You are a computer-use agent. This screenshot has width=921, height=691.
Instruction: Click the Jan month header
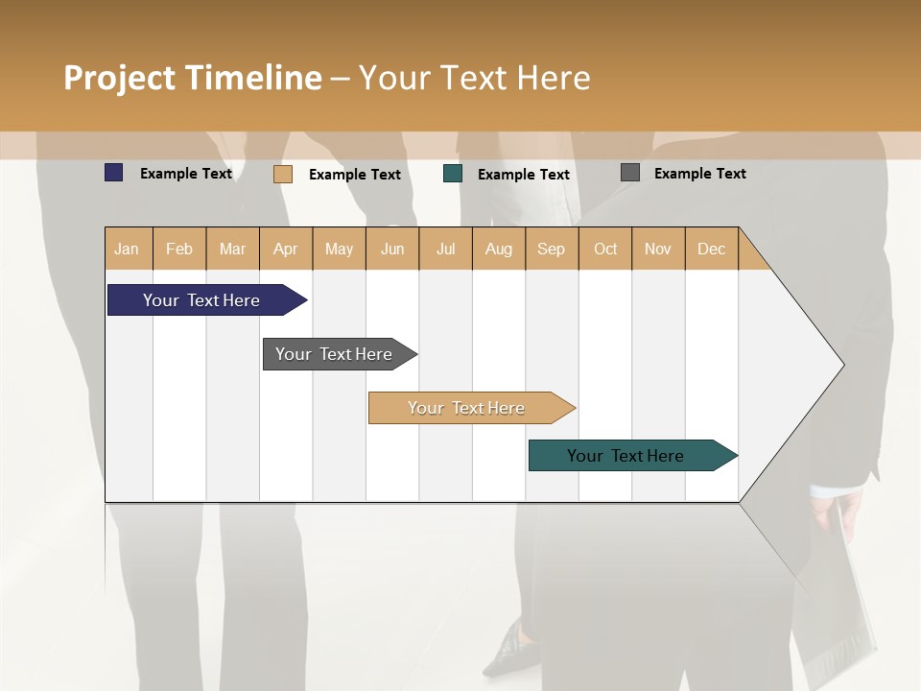[x=127, y=249]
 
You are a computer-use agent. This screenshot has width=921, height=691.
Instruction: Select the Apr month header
[x=285, y=249]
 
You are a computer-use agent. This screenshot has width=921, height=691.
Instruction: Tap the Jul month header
[x=445, y=249]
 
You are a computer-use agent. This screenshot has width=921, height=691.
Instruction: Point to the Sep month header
[x=551, y=249]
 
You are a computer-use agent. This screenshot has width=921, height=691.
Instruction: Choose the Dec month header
[x=711, y=249]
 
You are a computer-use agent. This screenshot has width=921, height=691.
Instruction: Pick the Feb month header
[x=179, y=249]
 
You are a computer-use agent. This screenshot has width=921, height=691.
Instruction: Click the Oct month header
[x=605, y=249]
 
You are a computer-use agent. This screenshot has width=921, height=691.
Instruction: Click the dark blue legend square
[x=114, y=173]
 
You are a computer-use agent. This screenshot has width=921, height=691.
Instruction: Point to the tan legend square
[x=283, y=174]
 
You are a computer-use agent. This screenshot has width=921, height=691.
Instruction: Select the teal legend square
[x=453, y=174]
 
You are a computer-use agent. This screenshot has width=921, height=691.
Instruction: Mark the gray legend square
[x=630, y=173]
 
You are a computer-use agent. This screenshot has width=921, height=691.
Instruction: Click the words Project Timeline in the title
[x=193, y=78]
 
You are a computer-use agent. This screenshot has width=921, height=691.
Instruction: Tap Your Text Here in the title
[x=474, y=78]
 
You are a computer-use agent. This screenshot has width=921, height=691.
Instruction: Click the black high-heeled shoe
[x=507, y=651]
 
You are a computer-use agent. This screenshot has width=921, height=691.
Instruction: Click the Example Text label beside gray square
[x=699, y=174]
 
